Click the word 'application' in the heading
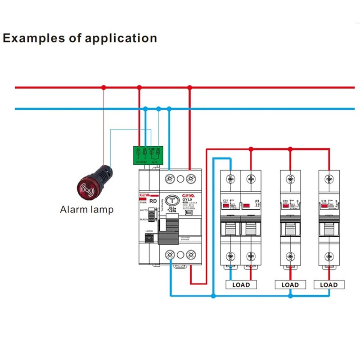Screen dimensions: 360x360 pos(120,38)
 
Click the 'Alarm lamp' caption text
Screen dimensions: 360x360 pos(87,209)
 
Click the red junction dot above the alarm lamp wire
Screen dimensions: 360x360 pos(103,87)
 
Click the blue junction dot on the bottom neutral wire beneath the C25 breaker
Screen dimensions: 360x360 pos(213,296)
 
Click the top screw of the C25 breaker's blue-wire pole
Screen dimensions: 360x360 pos(231,179)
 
